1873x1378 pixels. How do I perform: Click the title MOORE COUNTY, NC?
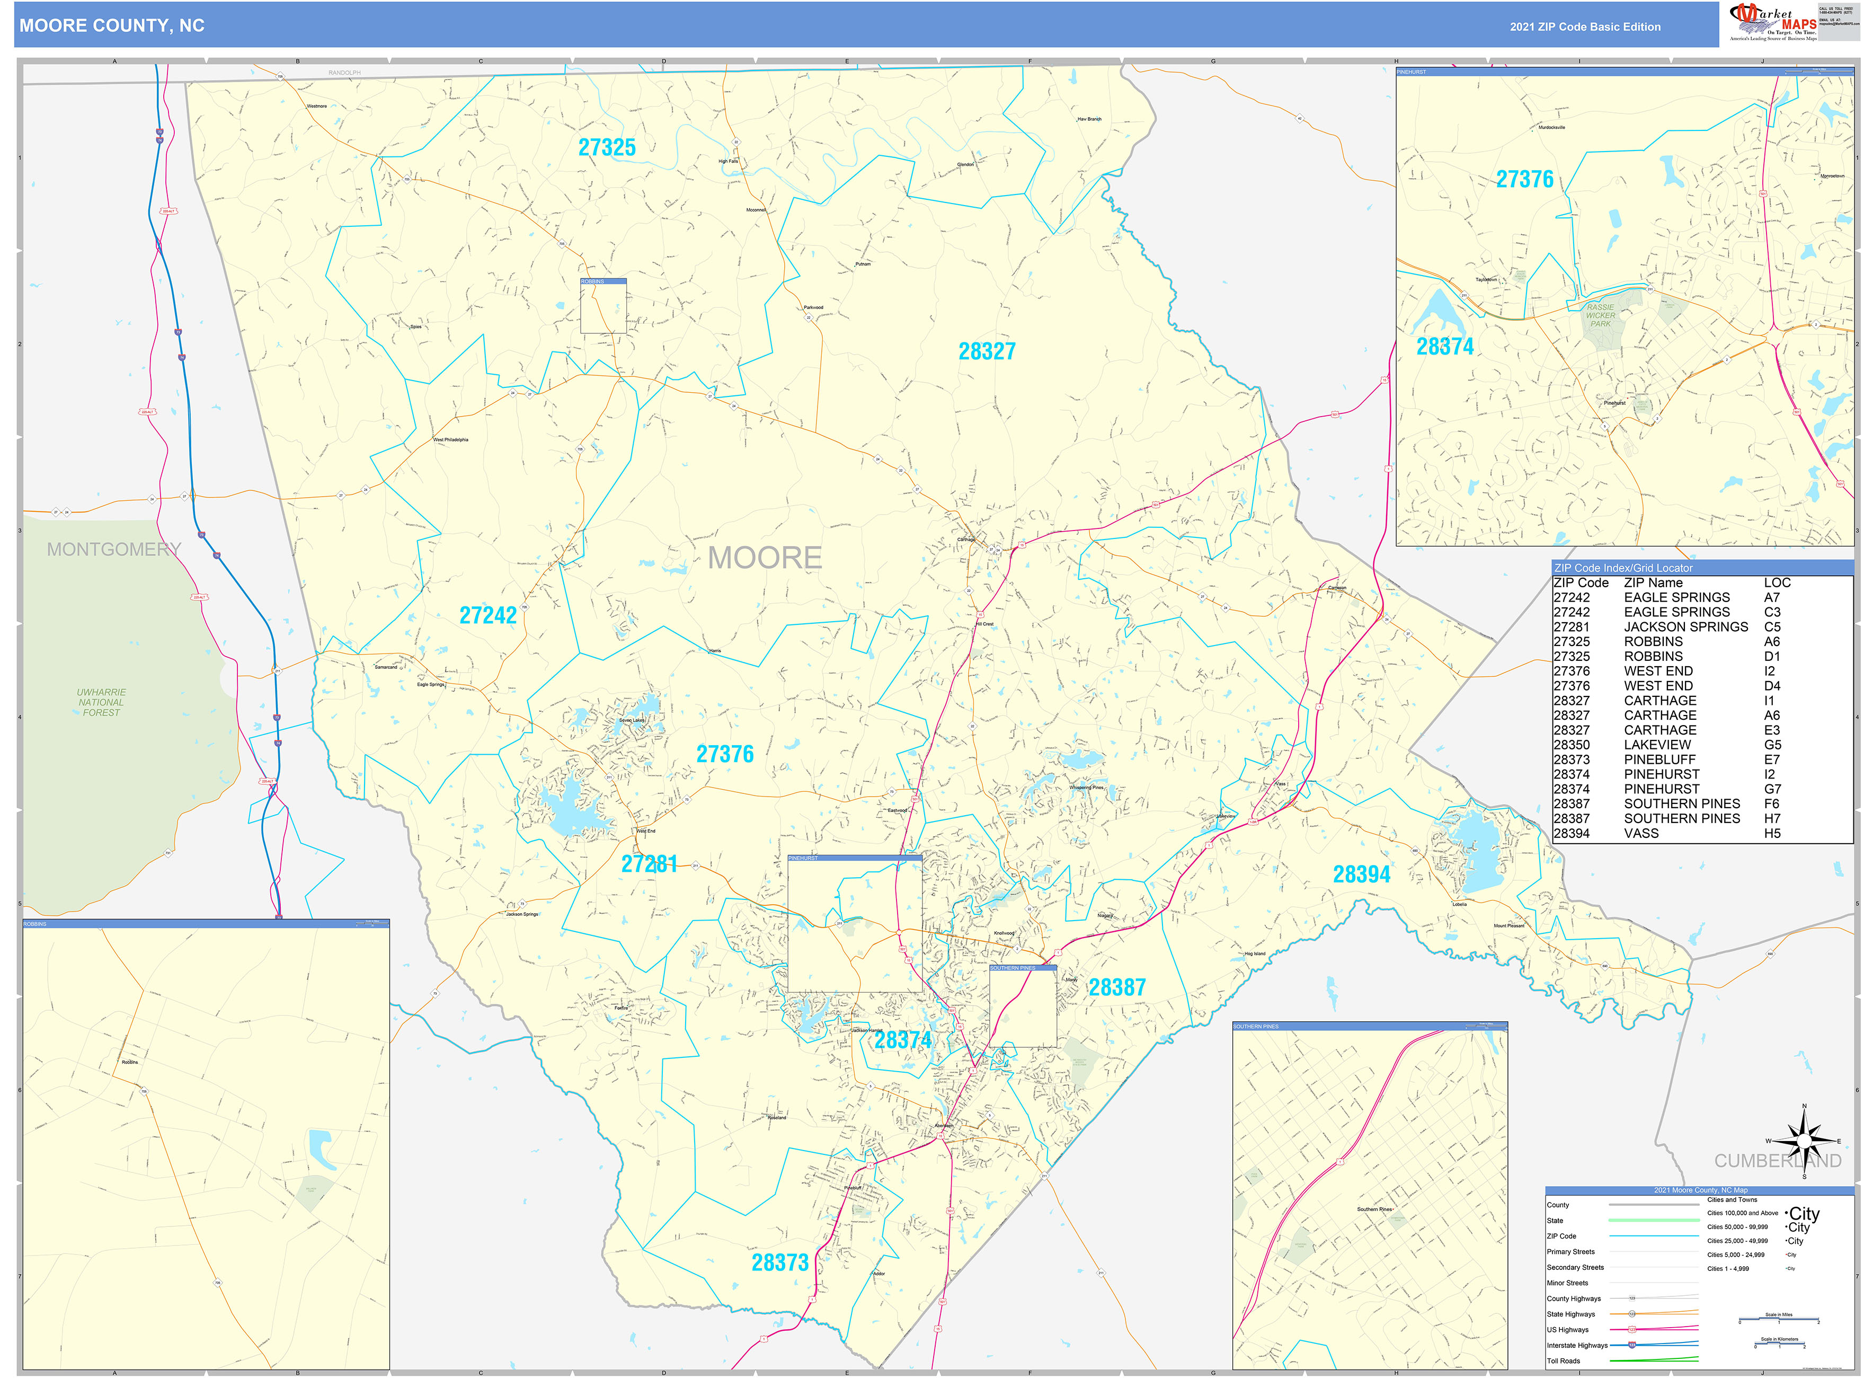(x=112, y=26)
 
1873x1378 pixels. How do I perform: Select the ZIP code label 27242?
(x=488, y=616)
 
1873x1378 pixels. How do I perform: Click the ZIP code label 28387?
(x=1116, y=987)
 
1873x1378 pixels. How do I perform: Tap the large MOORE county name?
(x=764, y=558)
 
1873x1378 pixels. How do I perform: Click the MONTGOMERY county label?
(x=113, y=549)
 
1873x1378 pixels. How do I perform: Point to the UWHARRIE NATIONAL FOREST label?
(x=101, y=702)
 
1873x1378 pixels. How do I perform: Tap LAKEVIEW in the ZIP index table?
(x=1657, y=745)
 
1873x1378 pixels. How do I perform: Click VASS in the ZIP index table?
(x=1641, y=833)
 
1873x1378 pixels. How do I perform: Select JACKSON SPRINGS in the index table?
(x=1685, y=626)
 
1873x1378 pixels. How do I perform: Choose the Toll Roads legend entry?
(x=1563, y=1361)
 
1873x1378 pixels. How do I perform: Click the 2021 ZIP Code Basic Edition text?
(x=1584, y=26)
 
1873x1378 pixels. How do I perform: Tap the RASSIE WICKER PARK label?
(x=1600, y=315)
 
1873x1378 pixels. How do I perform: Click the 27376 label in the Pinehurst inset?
(x=1524, y=179)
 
